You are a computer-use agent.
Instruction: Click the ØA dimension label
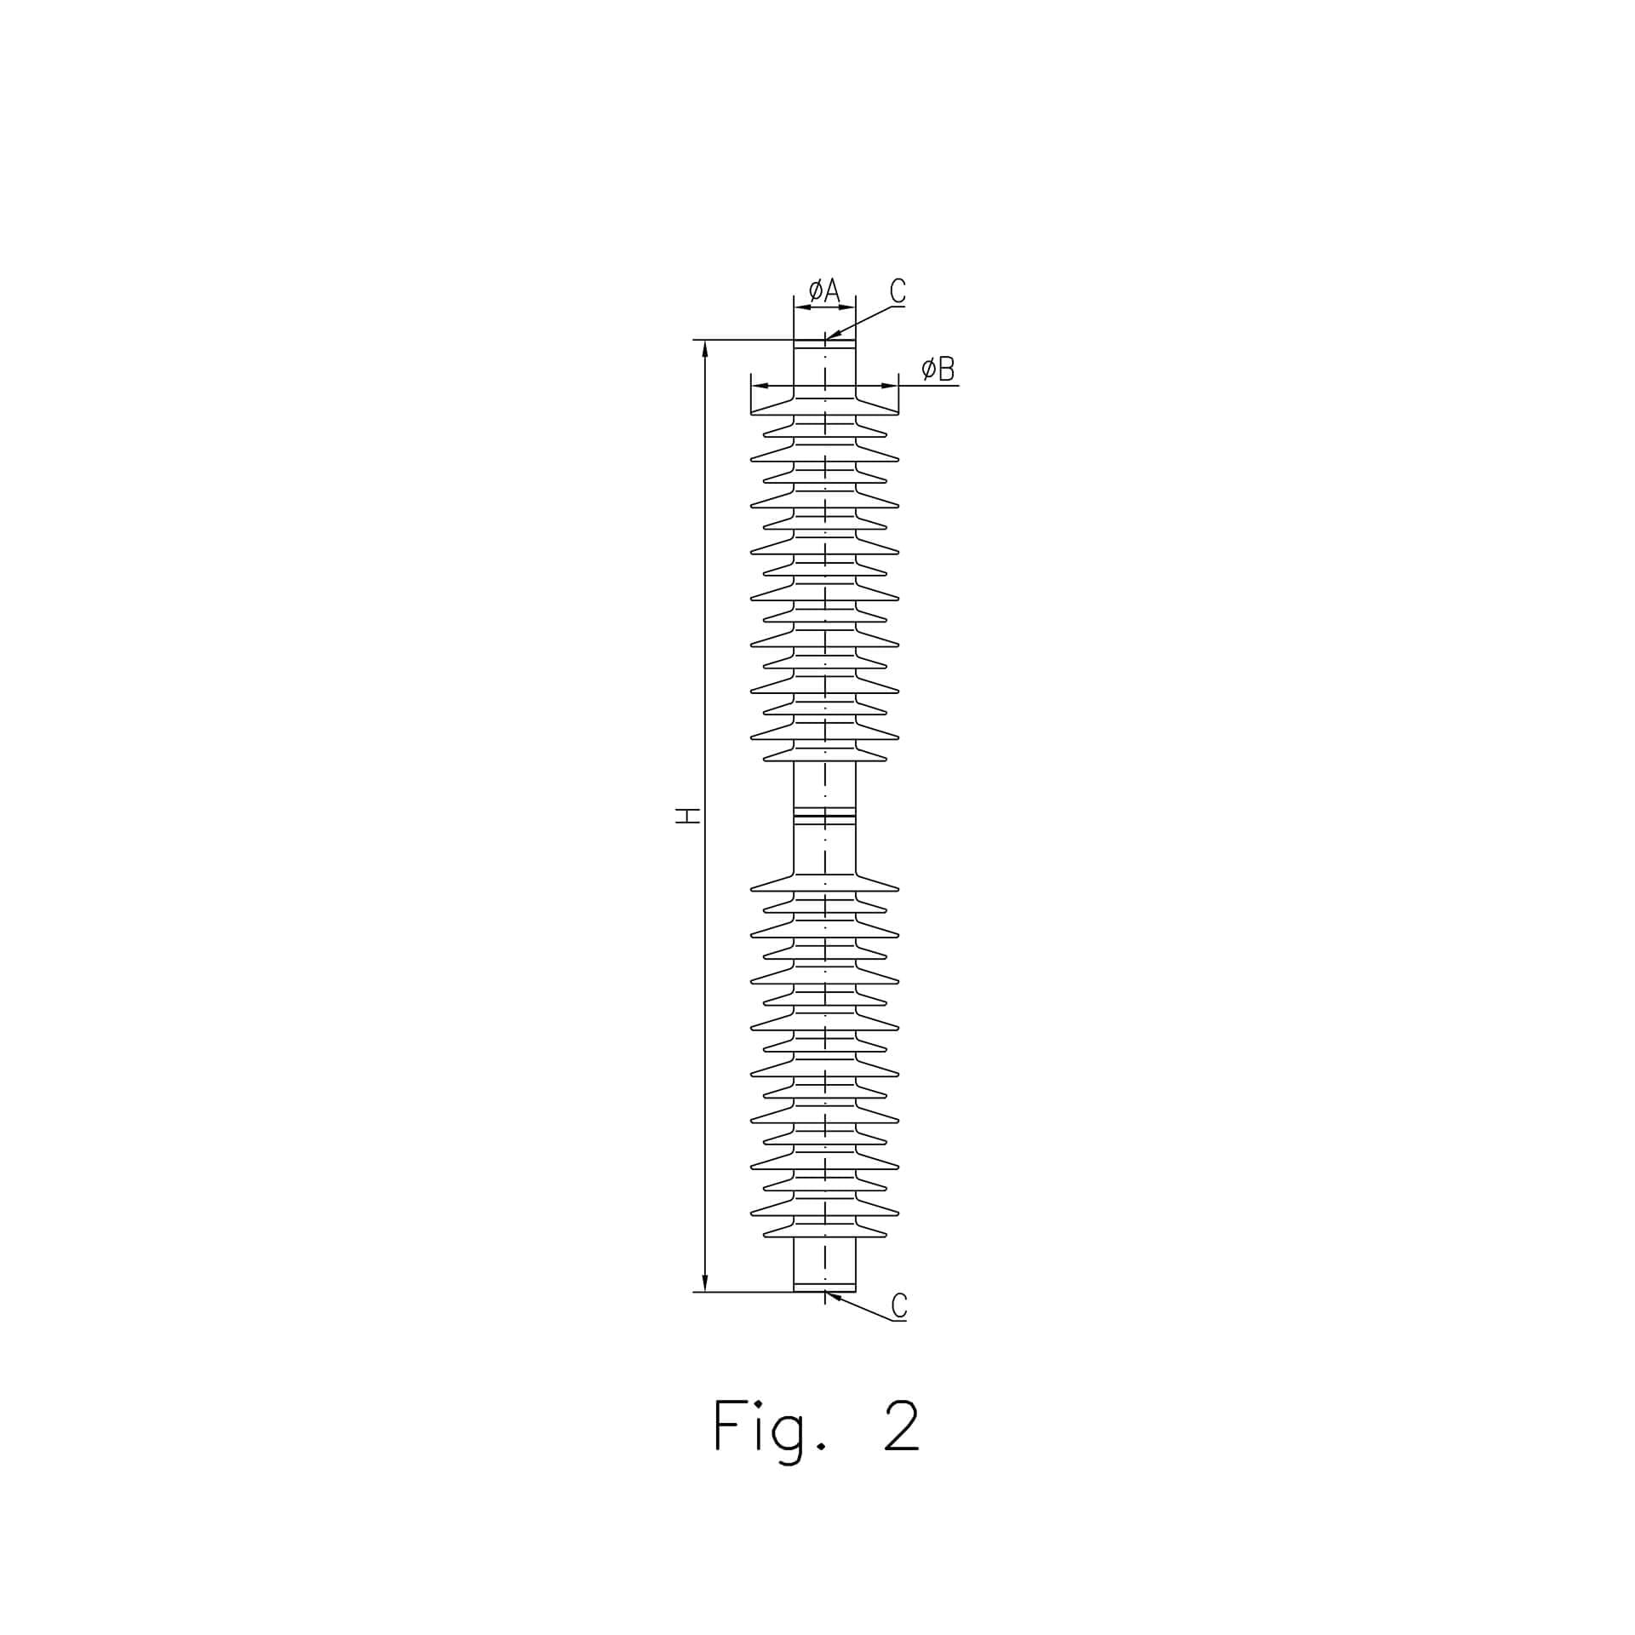[824, 290]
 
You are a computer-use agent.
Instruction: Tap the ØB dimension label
[938, 369]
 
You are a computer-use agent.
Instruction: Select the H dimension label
[688, 816]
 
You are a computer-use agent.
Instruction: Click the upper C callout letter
[898, 290]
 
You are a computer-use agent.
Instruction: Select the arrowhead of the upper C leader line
[833, 336]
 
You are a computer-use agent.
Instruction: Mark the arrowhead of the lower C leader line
[833, 1296]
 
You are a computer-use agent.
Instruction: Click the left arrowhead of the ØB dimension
[760, 386]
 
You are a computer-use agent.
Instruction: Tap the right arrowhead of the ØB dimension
[890, 386]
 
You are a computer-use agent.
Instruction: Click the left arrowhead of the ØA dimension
[802, 307]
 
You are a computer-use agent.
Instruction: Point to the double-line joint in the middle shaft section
[824, 816]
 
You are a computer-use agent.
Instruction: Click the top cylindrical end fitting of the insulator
[824, 368]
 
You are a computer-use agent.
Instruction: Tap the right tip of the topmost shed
[898, 413]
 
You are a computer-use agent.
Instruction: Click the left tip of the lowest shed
[765, 1234]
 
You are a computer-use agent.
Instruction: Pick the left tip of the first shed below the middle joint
[751, 889]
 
